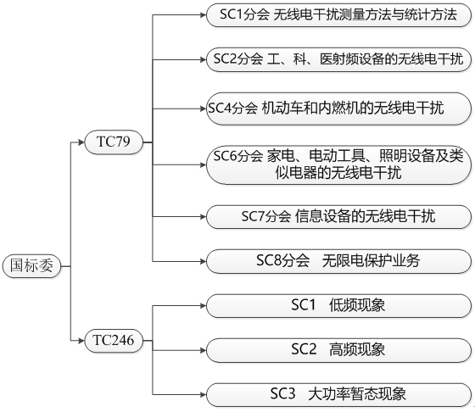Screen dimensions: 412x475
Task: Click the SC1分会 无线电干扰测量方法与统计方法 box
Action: [x=338, y=14]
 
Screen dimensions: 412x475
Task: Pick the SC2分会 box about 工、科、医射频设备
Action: [x=338, y=60]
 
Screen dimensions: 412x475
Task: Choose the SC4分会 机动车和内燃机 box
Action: [x=338, y=107]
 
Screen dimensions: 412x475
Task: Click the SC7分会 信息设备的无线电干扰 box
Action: [x=338, y=216]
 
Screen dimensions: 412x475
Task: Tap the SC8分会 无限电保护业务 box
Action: [x=338, y=261]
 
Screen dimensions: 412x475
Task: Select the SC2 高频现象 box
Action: [x=338, y=348]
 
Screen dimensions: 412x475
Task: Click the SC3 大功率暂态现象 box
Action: [x=338, y=394]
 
